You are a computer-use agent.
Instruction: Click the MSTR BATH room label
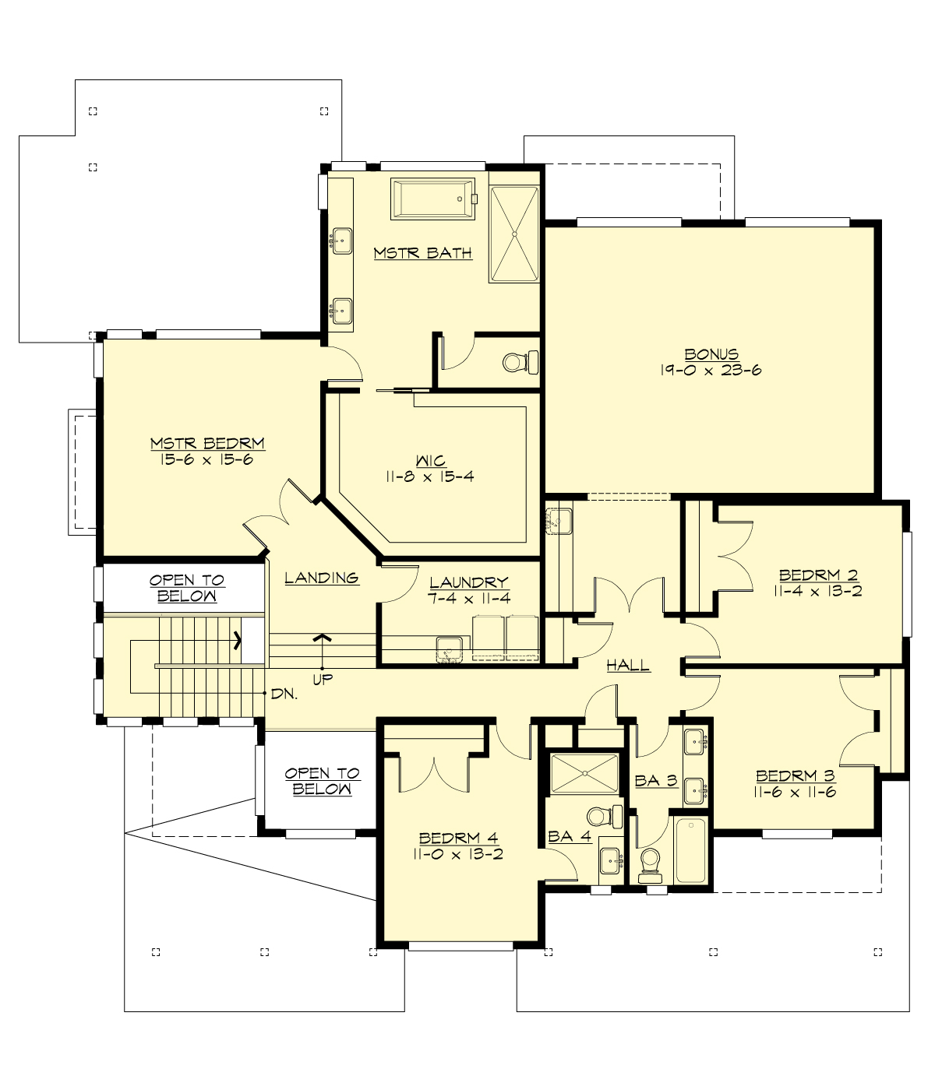point(422,253)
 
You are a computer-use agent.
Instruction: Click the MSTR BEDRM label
point(207,444)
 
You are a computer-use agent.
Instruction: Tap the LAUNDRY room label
point(468,582)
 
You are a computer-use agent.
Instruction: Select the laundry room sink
point(449,648)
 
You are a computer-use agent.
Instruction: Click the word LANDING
point(321,578)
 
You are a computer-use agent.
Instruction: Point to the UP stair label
point(323,679)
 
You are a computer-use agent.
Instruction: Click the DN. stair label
point(284,693)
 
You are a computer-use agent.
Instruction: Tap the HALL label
point(628,666)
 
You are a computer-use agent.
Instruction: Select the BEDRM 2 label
point(818,575)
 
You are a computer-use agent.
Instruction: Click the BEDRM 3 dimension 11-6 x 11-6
point(795,792)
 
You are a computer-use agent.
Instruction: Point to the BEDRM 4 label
point(458,838)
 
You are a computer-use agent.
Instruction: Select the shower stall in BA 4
point(584,772)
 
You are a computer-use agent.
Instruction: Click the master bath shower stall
point(513,234)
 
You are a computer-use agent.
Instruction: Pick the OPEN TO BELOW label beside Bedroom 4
point(322,781)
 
